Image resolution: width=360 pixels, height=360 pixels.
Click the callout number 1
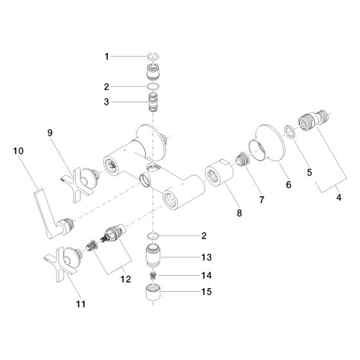pos(107,57)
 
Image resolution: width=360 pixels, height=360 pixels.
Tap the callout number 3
pos(106,102)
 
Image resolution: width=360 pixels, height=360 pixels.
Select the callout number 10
pos(19,151)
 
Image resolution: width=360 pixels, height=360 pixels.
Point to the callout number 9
pos(50,132)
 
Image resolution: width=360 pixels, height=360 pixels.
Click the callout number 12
pos(126,279)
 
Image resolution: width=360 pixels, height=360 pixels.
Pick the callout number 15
pos(206,292)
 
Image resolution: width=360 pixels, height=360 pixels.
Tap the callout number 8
pos(239,213)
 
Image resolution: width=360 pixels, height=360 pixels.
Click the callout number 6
pos(289,184)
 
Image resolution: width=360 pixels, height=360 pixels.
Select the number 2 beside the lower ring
pos(204,236)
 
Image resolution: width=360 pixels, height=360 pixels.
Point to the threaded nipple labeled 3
pos(153,102)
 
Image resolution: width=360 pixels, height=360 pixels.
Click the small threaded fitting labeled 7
pos(242,158)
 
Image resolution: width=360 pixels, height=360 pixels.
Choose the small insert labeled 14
pos(153,275)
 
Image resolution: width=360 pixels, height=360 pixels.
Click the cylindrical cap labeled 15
pos(153,293)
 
